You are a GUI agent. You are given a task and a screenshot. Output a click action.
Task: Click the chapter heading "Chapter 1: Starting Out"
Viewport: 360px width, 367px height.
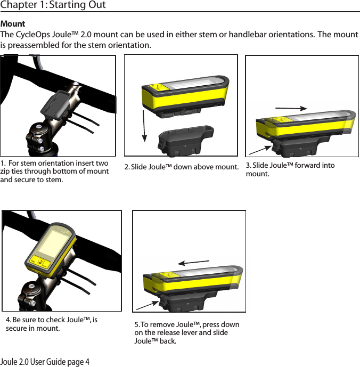pyautogui.click(x=53, y=5)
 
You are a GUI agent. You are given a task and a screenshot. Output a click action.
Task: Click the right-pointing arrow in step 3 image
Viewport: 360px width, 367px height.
pyautogui.click(x=291, y=108)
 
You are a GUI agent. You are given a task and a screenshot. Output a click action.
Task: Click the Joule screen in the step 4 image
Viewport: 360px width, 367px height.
pyautogui.click(x=54, y=244)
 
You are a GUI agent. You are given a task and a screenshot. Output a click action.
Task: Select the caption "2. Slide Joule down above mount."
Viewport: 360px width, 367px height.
pyautogui.click(x=181, y=168)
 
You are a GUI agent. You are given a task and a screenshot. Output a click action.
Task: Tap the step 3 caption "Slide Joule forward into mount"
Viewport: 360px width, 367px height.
pyautogui.click(x=290, y=169)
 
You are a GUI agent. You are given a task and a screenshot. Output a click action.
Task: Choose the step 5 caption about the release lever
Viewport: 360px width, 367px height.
pyautogui.click(x=186, y=332)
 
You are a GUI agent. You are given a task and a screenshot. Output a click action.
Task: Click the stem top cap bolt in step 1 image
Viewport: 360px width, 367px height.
pyautogui.click(x=36, y=128)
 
